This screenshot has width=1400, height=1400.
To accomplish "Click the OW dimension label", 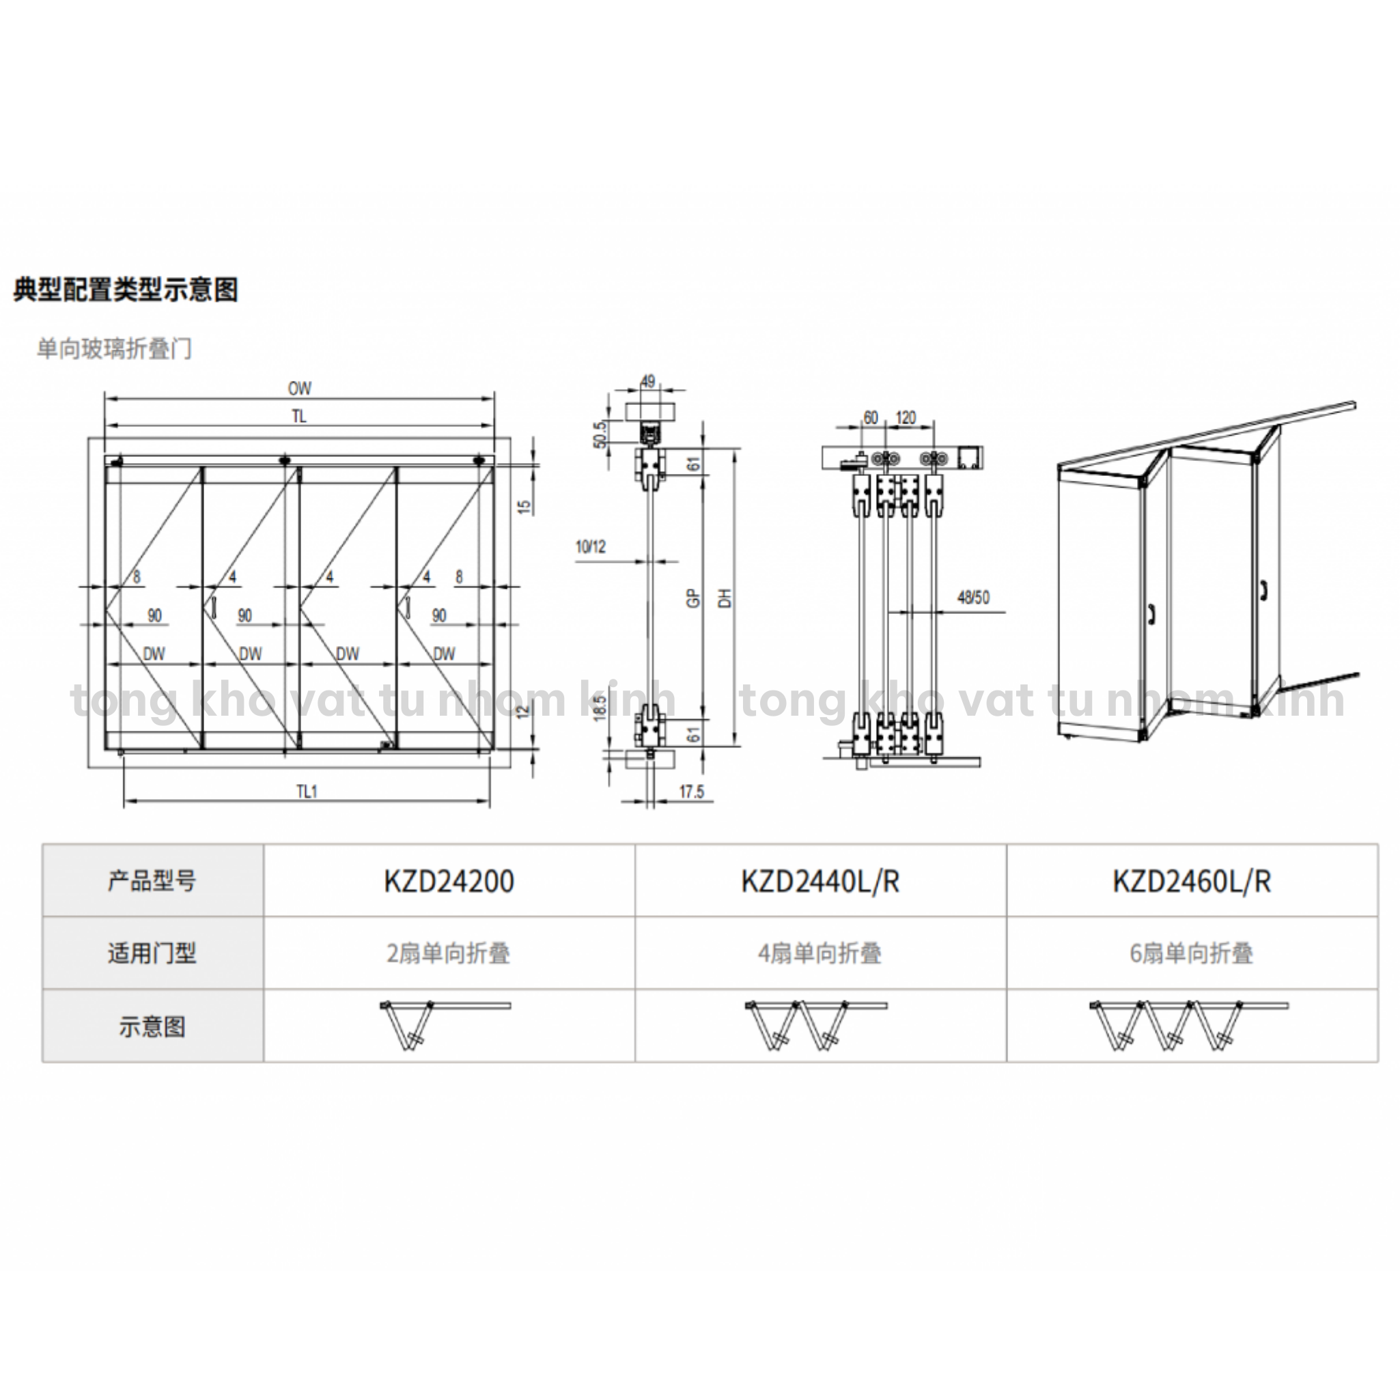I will (x=299, y=389).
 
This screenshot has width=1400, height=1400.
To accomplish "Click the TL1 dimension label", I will (x=307, y=792).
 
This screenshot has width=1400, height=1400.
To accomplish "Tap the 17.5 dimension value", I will (x=691, y=792).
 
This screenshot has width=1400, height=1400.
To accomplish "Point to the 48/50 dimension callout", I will (x=973, y=598).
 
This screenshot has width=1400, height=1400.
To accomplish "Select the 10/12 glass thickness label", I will (x=591, y=546).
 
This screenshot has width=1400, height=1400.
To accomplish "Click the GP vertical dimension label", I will (x=693, y=598).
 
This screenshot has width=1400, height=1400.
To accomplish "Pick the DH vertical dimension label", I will (x=725, y=598).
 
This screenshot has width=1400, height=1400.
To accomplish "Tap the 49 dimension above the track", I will (x=648, y=381).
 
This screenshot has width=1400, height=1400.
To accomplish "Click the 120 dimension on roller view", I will (x=906, y=418).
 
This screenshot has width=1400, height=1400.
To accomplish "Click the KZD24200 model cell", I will (x=449, y=881).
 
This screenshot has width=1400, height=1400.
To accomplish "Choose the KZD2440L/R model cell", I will (x=820, y=881).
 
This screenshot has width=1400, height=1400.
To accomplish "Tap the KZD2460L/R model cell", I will (x=1192, y=881).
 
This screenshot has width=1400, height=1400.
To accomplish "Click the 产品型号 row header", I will (x=152, y=881).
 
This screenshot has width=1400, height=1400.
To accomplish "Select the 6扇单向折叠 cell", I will (x=1192, y=953).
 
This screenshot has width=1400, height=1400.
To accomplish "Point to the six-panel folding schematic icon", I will (x=1188, y=1024).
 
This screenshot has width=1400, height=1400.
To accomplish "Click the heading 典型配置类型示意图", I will (x=126, y=289).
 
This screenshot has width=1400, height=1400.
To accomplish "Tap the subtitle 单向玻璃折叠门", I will (x=114, y=348).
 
